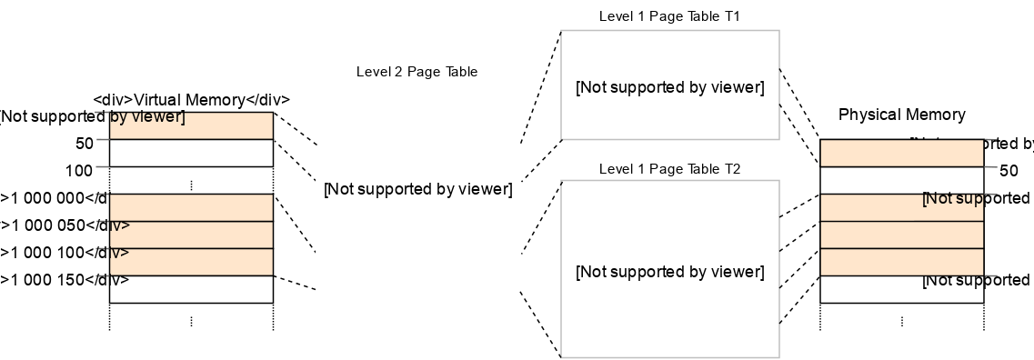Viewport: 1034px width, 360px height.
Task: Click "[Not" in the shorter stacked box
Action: point(591,88)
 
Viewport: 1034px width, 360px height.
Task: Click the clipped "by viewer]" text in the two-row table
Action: point(146,117)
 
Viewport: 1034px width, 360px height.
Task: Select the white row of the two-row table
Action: point(191,153)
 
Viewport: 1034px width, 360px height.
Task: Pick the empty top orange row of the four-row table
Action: point(191,207)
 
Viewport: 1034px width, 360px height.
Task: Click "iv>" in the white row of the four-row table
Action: point(119,280)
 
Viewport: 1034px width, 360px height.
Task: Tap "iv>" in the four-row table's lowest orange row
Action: point(119,253)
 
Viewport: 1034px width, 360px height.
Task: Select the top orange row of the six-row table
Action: point(901,153)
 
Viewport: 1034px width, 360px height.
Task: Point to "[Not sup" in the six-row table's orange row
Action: point(952,199)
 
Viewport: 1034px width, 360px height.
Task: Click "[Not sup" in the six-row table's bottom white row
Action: point(952,281)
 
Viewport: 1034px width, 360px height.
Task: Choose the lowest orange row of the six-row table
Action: point(901,262)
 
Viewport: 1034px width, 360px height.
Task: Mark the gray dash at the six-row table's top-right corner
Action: point(991,140)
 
